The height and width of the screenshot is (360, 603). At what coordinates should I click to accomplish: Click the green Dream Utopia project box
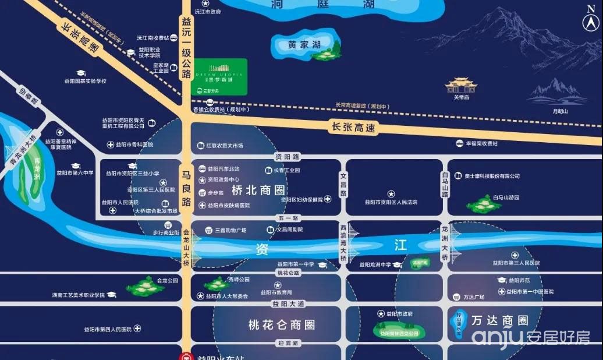click(x=219, y=76)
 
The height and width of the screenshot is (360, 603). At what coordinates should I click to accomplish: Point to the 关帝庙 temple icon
click(x=461, y=86)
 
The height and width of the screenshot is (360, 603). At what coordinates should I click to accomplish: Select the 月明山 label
click(x=559, y=111)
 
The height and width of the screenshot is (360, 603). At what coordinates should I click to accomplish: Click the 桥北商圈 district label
click(x=258, y=190)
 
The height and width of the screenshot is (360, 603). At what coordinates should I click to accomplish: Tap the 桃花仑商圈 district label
click(x=281, y=324)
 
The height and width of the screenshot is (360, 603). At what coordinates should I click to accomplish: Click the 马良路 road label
click(x=186, y=188)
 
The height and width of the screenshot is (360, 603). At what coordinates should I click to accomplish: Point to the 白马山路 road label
click(x=445, y=184)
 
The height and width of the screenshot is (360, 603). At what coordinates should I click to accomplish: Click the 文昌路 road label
click(x=343, y=184)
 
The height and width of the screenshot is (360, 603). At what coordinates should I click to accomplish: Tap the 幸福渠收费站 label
click(x=481, y=143)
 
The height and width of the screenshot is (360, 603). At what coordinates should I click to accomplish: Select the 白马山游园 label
click(x=505, y=198)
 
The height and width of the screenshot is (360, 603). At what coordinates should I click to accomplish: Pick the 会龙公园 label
click(x=166, y=280)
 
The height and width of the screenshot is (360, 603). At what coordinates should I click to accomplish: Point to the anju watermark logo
click(x=530, y=337)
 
